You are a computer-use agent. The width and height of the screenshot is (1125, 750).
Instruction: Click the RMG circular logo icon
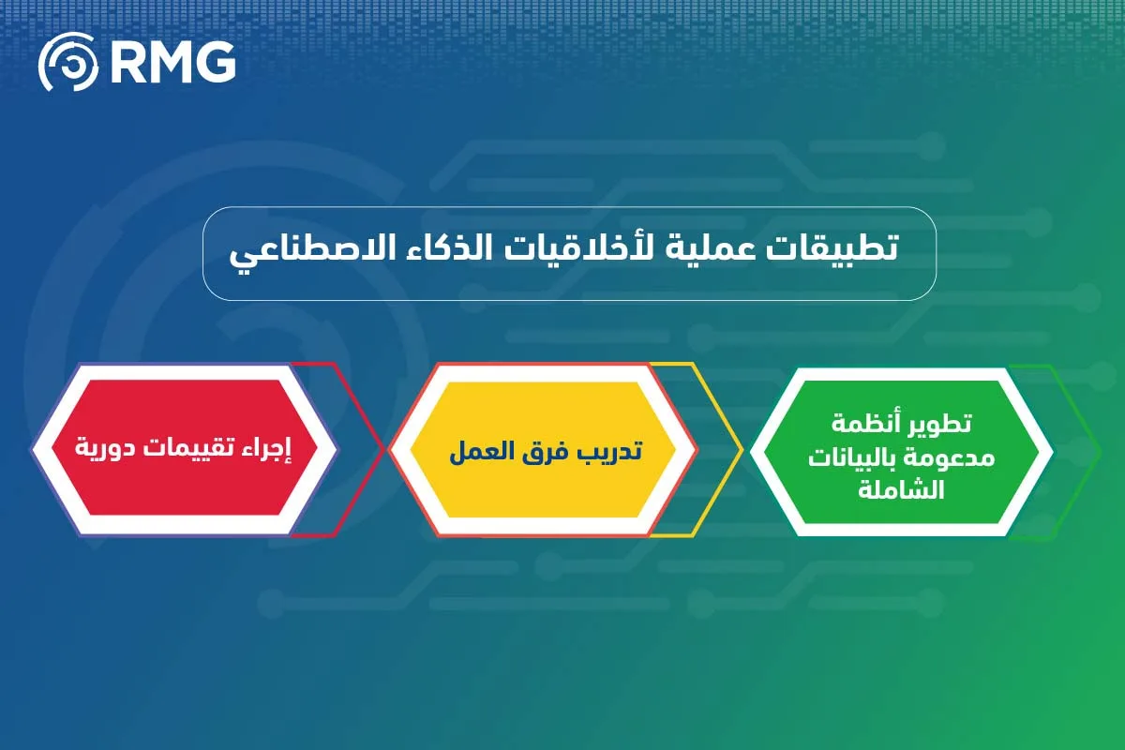pos(67,63)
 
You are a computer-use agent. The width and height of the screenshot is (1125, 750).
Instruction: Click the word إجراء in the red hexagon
pos(267,448)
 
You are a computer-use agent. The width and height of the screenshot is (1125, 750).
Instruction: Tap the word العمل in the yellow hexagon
pos(482,450)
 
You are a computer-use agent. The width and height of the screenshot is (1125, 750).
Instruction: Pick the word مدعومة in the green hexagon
pos(947,457)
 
